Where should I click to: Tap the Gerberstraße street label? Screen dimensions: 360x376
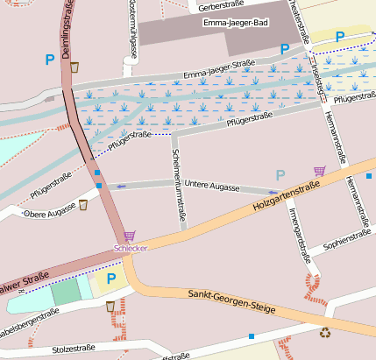[x=216, y=7]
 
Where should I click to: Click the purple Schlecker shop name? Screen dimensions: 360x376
[x=130, y=248]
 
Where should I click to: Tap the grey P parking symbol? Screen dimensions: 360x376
[x=280, y=174]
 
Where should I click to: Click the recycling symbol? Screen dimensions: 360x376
[x=325, y=332]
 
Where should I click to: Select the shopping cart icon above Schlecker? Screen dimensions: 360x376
[x=130, y=236]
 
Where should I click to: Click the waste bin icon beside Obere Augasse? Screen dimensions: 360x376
[x=83, y=205]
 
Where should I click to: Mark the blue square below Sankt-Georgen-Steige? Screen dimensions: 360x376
[x=252, y=335]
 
